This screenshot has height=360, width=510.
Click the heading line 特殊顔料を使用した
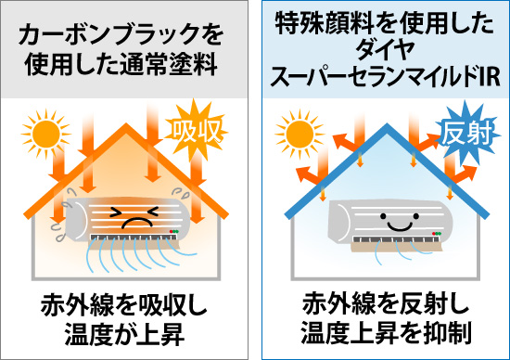(381, 25)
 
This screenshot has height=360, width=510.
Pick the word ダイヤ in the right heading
(381, 50)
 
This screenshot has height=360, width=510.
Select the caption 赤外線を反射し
(381, 303)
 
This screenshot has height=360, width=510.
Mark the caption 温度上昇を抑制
(381, 330)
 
